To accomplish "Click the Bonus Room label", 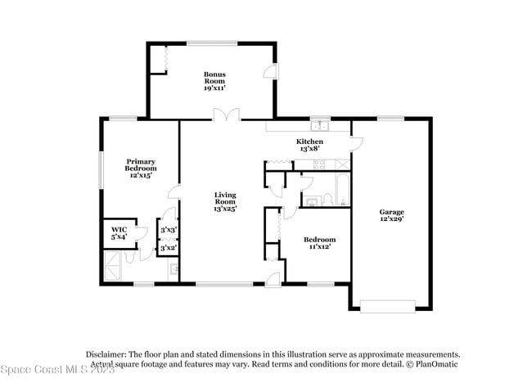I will (x=214, y=81).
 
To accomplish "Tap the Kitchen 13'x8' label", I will (x=309, y=146).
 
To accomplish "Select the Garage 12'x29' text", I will (x=391, y=215).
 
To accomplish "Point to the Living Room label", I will (x=225, y=201).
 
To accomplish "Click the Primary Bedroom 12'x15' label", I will (x=140, y=169).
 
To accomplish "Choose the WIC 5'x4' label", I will (x=119, y=233).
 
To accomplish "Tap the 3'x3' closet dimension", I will (x=169, y=232).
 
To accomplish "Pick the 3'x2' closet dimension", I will (x=169, y=247).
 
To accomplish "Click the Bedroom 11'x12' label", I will (x=318, y=243).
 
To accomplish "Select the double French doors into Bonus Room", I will (x=222, y=115).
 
